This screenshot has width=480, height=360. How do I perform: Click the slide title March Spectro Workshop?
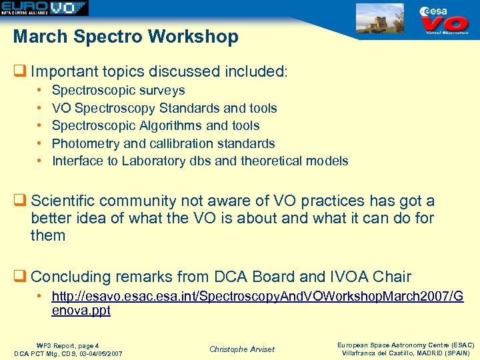point(125,37)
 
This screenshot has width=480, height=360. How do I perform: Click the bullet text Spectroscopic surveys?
point(118,90)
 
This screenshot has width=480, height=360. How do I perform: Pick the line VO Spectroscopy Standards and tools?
point(164,108)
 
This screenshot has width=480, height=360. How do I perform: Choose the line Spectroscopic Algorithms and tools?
point(155,125)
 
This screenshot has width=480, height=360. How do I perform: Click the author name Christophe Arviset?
point(241,349)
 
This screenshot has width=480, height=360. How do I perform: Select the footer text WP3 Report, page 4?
point(69,345)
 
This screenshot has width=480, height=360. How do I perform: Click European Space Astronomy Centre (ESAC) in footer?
point(405,345)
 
